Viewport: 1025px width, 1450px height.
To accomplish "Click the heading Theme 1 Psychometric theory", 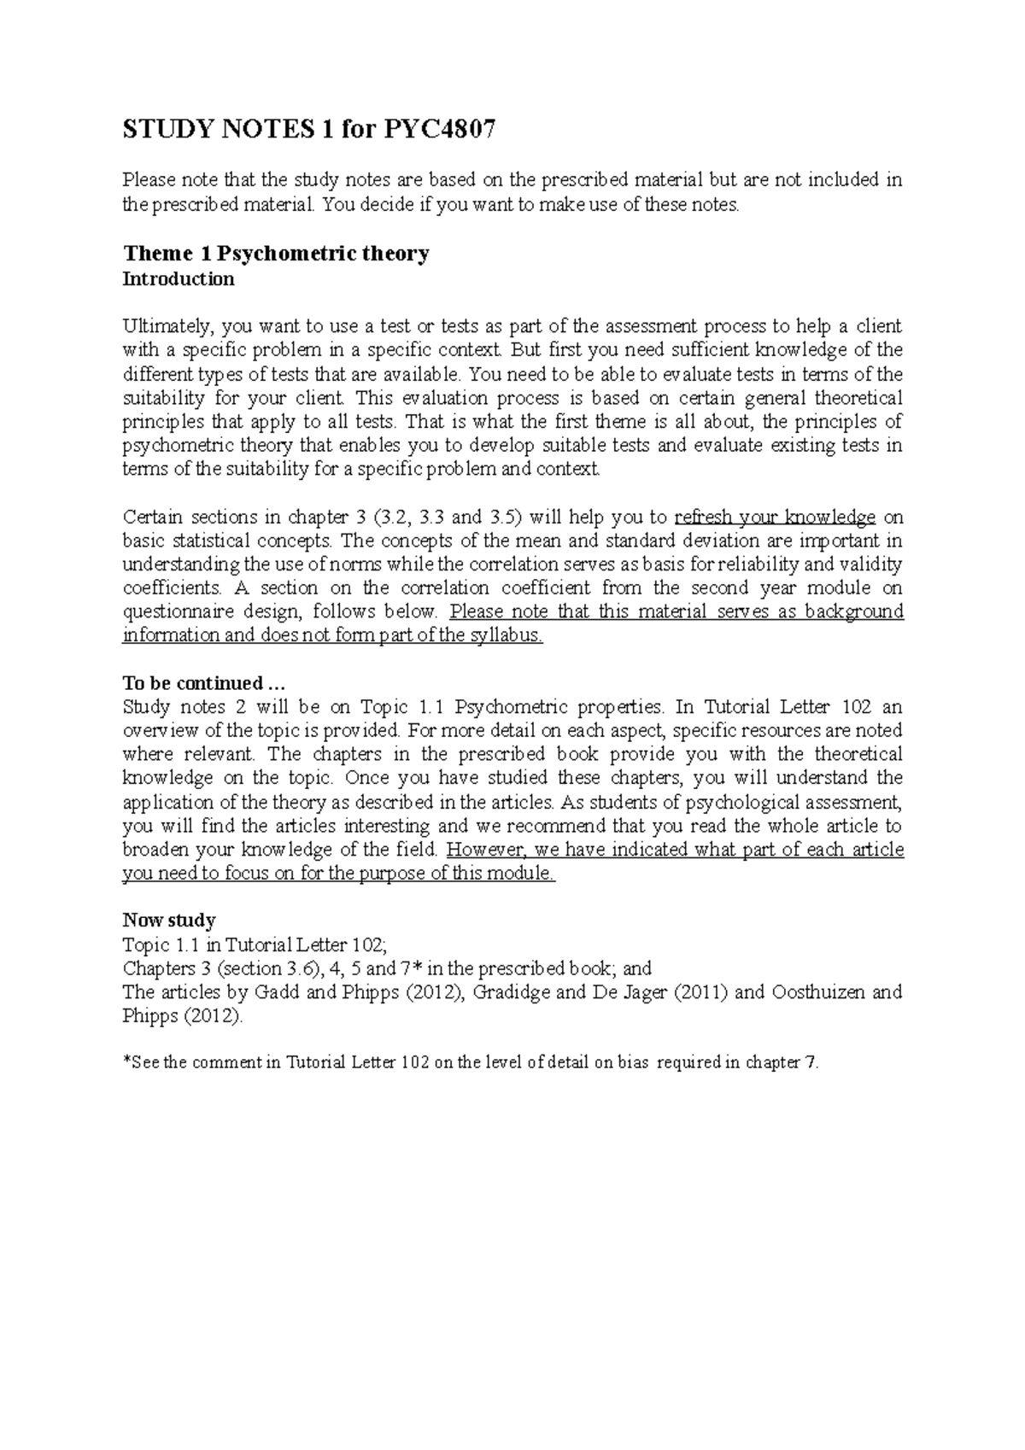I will point(276,254).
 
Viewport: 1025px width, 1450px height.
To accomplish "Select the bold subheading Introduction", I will point(179,279).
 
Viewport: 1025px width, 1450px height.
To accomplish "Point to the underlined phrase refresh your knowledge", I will point(775,517).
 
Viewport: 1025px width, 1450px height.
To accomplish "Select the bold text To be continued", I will point(202,683).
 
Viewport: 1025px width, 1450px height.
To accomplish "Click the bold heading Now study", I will point(169,921).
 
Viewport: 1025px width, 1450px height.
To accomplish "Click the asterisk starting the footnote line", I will point(127,1063).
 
